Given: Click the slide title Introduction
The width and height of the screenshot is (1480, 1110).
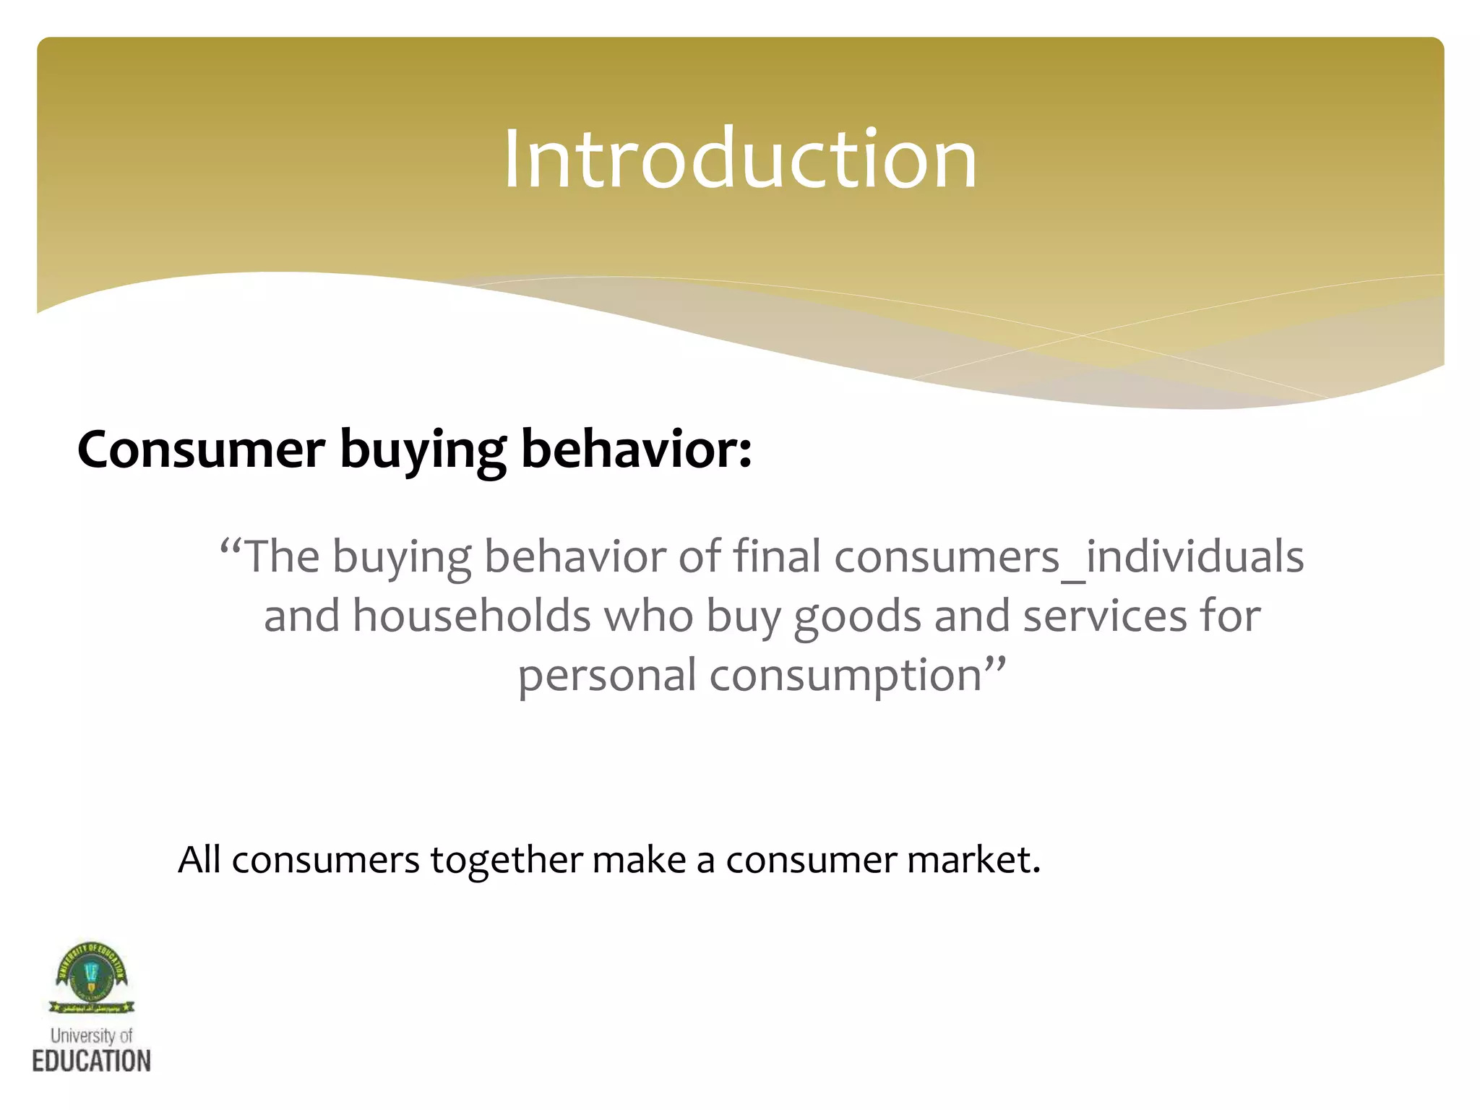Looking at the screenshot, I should (740, 159).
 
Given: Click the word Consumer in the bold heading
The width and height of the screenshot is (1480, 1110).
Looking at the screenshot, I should (201, 449).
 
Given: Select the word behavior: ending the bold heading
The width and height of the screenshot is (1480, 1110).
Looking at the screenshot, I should (636, 449).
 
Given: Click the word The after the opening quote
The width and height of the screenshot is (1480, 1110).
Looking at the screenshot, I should (282, 557).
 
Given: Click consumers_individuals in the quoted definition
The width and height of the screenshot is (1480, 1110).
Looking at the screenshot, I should (1069, 557).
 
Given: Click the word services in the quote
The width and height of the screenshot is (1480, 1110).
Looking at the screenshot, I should (1105, 616).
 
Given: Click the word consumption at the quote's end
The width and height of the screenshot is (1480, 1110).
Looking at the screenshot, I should (846, 676).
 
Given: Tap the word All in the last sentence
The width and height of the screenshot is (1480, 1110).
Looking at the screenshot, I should (199, 860).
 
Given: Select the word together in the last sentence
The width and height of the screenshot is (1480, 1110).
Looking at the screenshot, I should (506, 860).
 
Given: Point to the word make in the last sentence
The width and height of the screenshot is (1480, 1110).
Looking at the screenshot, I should (639, 860).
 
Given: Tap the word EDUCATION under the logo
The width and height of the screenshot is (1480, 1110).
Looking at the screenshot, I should (92, 1061).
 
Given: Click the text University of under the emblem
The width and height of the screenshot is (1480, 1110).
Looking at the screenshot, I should (92, 1036).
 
